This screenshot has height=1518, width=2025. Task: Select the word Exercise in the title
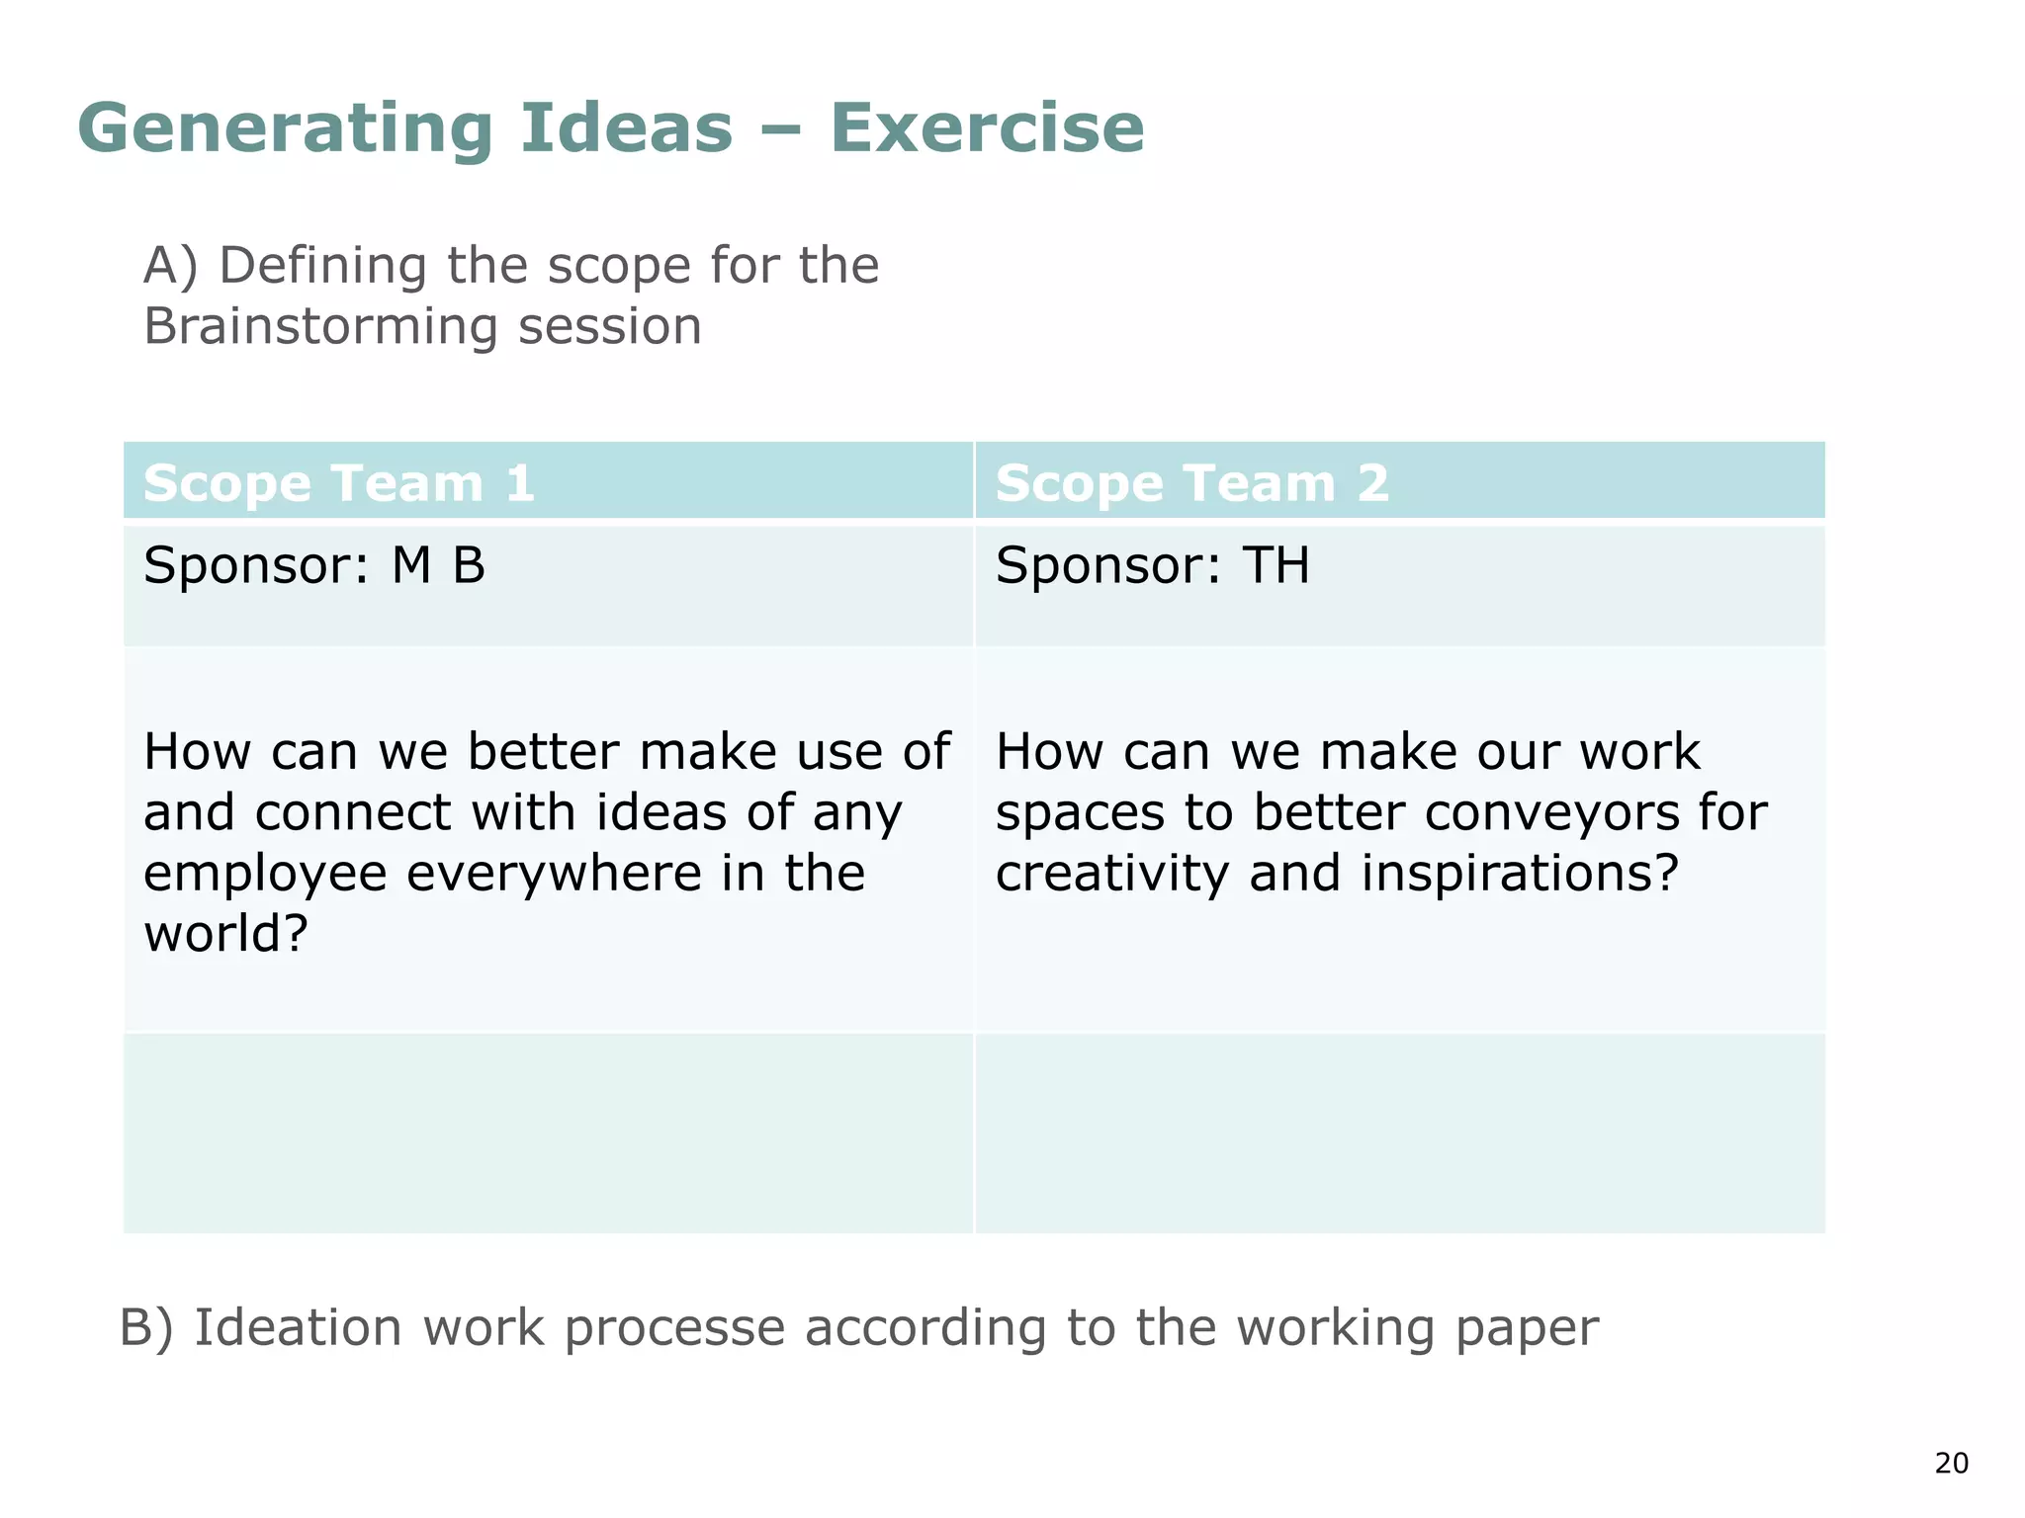coord(987,129)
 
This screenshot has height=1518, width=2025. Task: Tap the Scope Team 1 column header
coord(339,483)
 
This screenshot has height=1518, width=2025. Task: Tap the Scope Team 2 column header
coord(1191,483)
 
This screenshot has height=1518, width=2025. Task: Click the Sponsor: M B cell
coord(314,566)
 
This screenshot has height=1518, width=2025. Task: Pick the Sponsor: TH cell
coord(1152,566)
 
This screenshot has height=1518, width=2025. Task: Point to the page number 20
coord(1951,1464)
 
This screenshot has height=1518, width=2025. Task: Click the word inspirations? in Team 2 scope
coord(1520,874)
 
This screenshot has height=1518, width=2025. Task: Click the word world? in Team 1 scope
coord(226,934)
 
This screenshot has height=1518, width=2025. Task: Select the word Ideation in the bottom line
coord(298,1327)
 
